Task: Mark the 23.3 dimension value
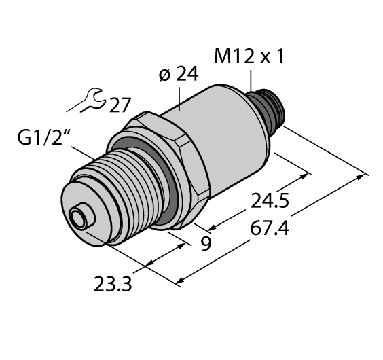pyautogui.click(x=112, y=282)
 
